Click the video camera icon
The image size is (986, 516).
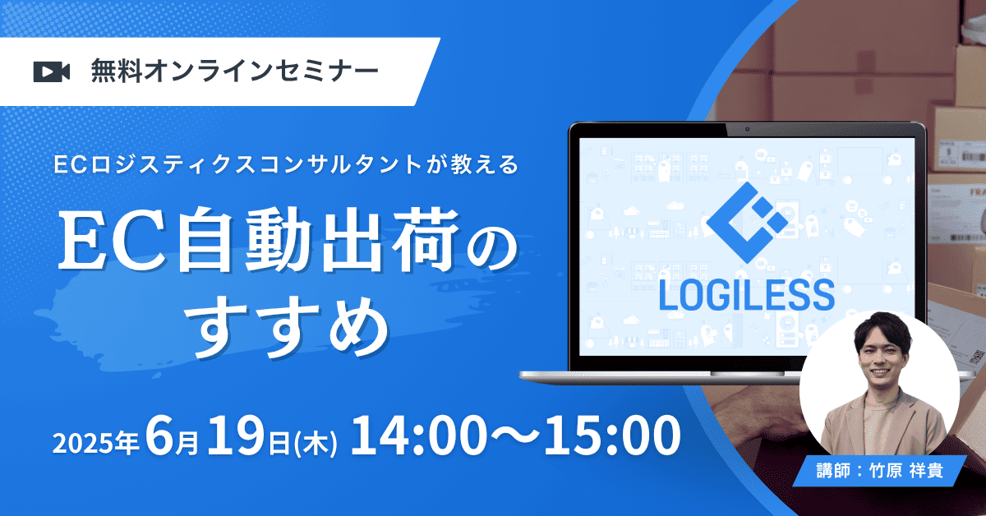pyautogui.click(x=52, y=71)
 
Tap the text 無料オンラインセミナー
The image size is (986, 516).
pyautogui.click(x=235, y=71)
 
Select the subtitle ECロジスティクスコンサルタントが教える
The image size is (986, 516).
pyautogui.click(x=286, y=164)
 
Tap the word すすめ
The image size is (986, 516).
pyautogui.click(x=291, y=325)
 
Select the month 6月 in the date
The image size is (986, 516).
pyautogui.click(x=172, y=437)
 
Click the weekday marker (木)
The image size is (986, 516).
pyautogui.click(x=314, y=443)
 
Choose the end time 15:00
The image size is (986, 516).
pyautogui.click(x=612, y=435)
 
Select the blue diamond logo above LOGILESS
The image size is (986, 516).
pyautogui.click(x=748, y=223)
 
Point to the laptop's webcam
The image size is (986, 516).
pyautogui.click(x=748, y=129)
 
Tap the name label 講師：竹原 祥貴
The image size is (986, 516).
pyautogui.click(x=880, y=471)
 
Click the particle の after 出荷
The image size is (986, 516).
pyautogui.click(x=492, y=251)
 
